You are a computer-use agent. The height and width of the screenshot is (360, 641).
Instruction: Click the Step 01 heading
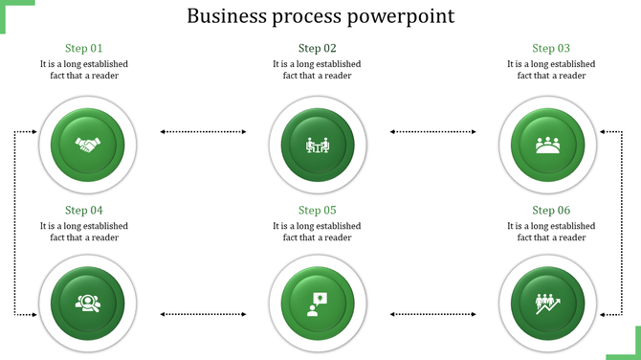pos(83,48)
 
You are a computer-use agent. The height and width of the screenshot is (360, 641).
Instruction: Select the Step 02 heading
pos(317,48)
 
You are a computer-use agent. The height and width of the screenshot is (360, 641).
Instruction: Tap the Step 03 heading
pos(551,48)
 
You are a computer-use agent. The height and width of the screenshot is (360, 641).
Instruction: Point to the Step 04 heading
pos(83,210)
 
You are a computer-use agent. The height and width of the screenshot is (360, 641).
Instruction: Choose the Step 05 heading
pos(317,210)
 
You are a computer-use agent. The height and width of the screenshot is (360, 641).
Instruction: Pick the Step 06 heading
pos(551,210)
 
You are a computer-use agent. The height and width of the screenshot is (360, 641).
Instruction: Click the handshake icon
pos(87,146)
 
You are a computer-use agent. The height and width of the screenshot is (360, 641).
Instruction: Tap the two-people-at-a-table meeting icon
pos(317,146)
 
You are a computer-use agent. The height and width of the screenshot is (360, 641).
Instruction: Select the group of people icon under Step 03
pos(548,146)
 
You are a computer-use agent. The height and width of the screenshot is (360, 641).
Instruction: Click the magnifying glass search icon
pos(87,303)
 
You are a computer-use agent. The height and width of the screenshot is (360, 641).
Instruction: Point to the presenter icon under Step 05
pos(317,304)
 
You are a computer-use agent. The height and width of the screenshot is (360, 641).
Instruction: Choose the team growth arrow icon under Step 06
pos(548,304)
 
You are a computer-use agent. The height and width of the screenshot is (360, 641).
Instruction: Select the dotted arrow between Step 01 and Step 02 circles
pos(202,131)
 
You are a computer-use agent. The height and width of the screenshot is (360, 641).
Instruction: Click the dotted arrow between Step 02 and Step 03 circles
pos(433,131)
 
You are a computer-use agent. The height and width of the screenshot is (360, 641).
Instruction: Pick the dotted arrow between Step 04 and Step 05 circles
pos(202,314)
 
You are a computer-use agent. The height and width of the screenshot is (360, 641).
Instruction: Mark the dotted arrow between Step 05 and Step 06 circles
pos(433,314)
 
